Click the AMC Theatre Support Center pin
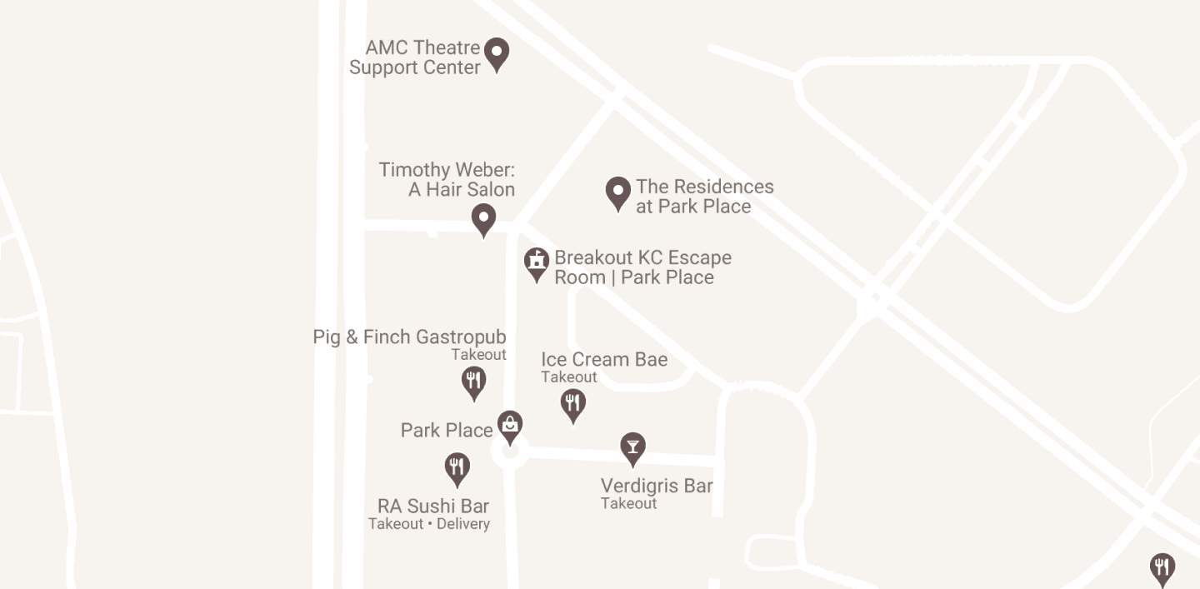(x=497, y=54)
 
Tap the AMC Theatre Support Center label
(x=415, y=57)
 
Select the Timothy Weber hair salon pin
(x=483, y=220)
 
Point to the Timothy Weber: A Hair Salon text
(x=447, y=180)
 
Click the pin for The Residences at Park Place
(x=617, y=192)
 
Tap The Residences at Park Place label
(x=704, y=197)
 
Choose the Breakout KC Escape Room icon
(x=537, y=263)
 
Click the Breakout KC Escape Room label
(x=642, y=267)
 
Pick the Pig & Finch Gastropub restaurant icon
(x=473, y=382)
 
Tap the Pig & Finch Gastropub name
(x=409, y=337)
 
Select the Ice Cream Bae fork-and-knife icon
(x=572, y=405)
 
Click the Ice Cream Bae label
(x=604, y=360)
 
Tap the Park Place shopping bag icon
(x=510, y=427)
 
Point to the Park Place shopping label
(x=447, y=431)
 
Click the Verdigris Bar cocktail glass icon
(x=632, y=448)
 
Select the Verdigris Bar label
(x=657, y=486)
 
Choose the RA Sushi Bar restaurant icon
(x=456, y=468)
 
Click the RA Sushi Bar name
(x=433, y=507)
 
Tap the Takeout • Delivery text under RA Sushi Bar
(x=429, y=524)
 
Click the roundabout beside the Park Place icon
(x=509, y=453)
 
